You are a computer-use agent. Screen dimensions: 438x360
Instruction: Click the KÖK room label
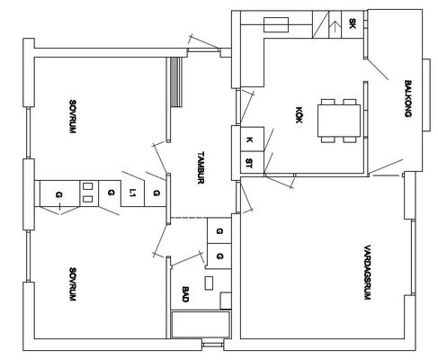coord(299,114)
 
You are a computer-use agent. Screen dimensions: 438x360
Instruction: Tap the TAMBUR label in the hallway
coord(201,167)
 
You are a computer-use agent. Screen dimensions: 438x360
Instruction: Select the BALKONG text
coord(407,98)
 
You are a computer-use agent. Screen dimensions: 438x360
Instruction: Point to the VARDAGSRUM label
coord(367,273)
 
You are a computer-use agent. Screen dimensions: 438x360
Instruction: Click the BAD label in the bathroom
coord(185,294)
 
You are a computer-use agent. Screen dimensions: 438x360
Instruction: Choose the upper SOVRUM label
coord(72,117)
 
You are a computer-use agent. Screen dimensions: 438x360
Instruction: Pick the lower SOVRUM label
coord(72,284)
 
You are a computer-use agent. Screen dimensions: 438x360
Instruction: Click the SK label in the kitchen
coord(353,23)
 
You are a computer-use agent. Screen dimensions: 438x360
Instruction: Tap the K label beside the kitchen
coord(249,139)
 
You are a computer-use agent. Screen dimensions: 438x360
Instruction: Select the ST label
coord(249,163)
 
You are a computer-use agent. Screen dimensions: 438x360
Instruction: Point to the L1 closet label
coord(132,193)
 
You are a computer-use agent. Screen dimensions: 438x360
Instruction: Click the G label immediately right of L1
coord(156,193)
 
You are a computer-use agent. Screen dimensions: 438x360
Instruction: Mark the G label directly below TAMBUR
coord(219,231)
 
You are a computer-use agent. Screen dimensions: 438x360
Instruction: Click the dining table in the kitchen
coord(339,121)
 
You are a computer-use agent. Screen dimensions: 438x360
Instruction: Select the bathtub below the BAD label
coord(201,325)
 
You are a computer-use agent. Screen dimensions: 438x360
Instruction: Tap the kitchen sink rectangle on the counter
coord(276,24)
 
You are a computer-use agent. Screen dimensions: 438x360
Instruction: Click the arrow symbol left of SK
coord(335,27)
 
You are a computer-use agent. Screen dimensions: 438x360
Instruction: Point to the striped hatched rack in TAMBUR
coord(176,82)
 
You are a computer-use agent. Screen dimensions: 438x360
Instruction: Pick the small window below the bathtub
coord(212,344)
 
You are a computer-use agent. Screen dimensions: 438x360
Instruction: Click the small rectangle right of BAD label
coord(209,283)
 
